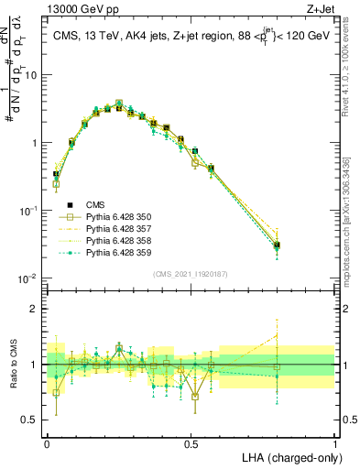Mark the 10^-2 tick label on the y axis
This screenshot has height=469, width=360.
point(28,278)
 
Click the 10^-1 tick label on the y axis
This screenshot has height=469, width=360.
point(28,211)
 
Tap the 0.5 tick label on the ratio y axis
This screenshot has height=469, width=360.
point(32,420)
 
